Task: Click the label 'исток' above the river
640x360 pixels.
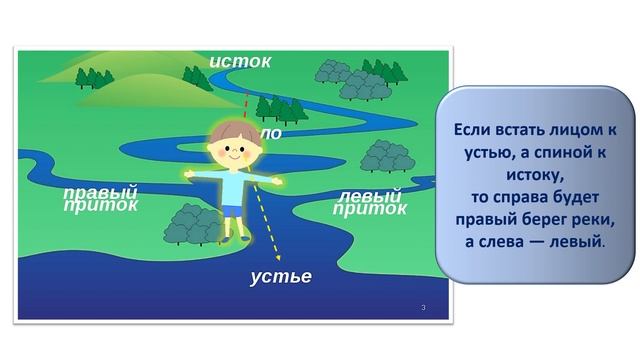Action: (x=240, y=62)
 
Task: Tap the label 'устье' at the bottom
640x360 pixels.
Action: (x=281, y=276)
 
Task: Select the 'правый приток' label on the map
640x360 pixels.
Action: (x=100, y=199)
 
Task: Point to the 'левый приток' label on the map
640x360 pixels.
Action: (x=371, y=201)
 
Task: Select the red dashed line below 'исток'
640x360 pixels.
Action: (x=246, y=100)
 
